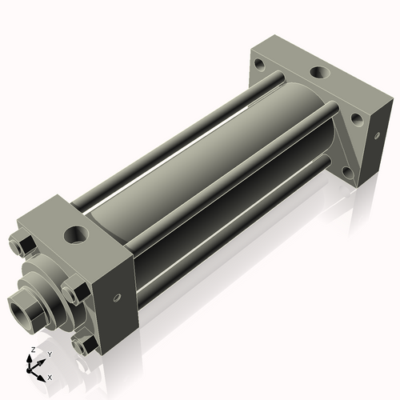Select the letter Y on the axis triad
tap(50, 355)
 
